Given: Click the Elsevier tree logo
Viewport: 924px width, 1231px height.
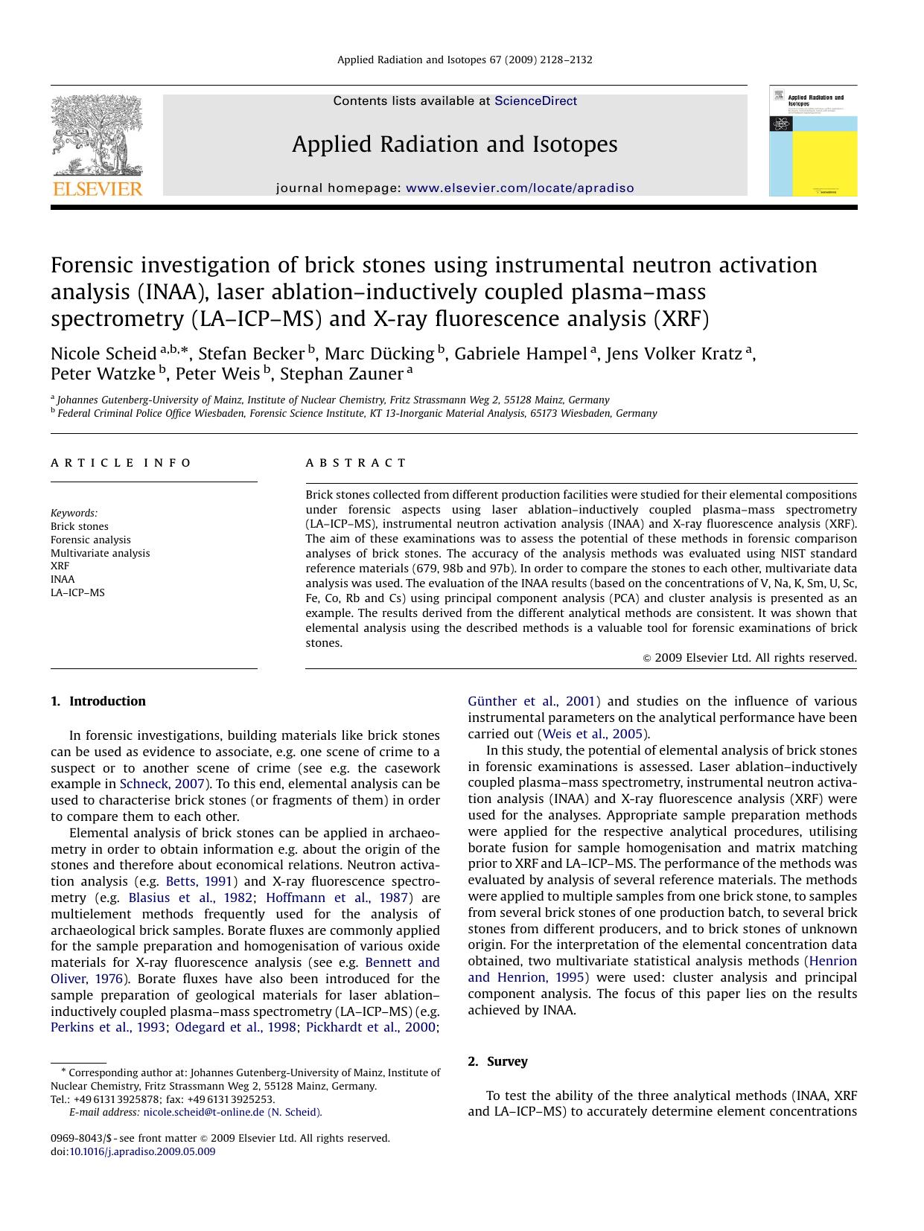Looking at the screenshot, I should [x=96, y=138].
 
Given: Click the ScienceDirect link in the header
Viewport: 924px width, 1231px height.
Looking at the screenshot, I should [x=535, y=101].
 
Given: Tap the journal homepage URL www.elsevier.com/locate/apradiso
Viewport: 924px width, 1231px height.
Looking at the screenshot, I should [x=520, y=188].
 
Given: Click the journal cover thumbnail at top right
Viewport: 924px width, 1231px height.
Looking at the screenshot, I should [x=812, y=141].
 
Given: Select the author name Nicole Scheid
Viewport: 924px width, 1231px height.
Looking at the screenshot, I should [x=103, y=354].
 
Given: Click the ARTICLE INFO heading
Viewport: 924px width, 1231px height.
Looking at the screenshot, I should [x=121, y=463].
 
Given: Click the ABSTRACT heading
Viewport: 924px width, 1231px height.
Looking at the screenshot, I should [x=356, y=463].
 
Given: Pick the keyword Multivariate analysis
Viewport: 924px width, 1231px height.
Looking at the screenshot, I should [x=100, y=553].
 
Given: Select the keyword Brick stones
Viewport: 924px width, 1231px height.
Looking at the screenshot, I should [x=79, y=526].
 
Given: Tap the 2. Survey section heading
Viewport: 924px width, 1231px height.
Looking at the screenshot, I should [x=497, y=1061].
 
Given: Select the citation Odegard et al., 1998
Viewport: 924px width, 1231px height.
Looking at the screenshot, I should [x=235, y=1027].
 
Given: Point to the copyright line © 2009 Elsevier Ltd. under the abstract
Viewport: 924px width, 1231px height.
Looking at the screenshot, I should [x=749, y=658].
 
